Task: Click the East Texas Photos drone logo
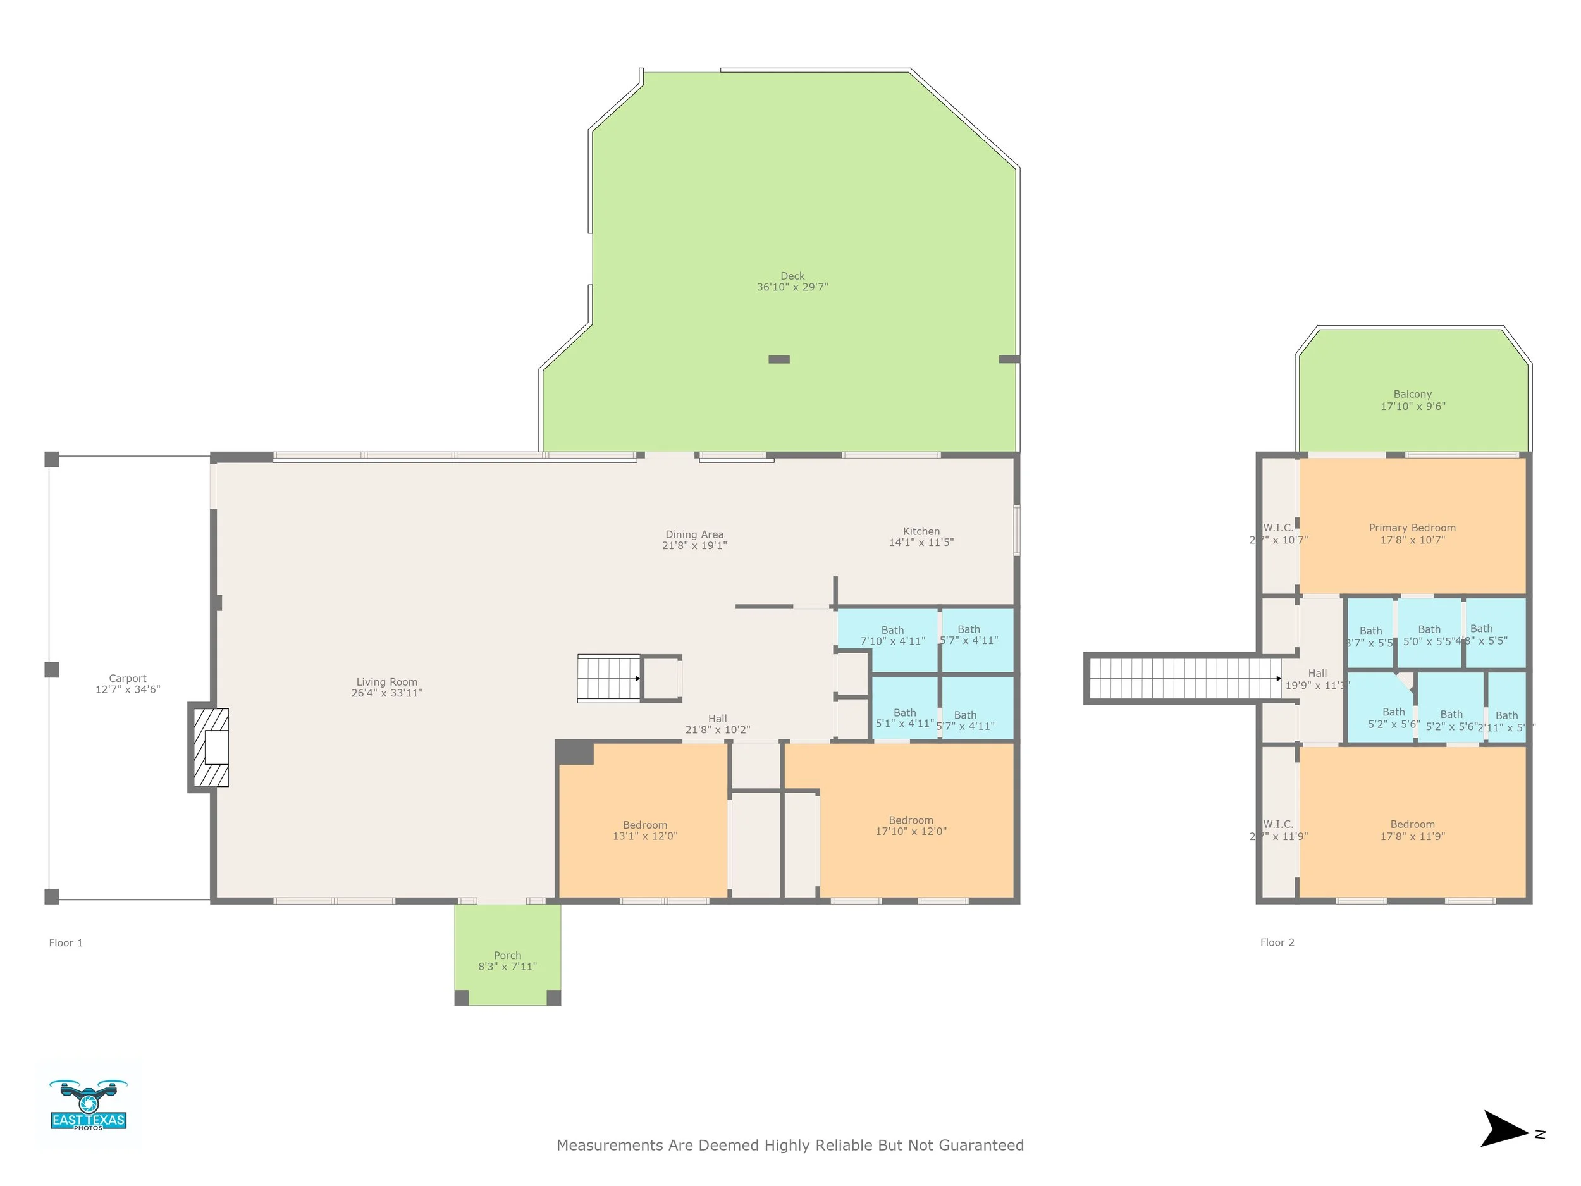click(x=88, y=1105)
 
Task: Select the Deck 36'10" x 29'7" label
click(x=792, y=281)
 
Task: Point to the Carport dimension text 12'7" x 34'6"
click(x=128, y=689)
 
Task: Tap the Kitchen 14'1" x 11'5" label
click(x=921, y=537)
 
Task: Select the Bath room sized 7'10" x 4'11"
click(x=892, y=636)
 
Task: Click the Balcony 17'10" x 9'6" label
click(x=1412, y=400)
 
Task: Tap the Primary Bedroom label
click(x=1412, y=528)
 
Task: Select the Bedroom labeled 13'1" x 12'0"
click(x=644, y=830)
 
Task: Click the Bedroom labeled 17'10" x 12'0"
click(x=911, y=825)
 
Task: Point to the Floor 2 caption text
click(x=1277, y=942)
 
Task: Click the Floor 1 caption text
click(x=66, y=943)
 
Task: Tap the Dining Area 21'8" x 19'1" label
click(x=694, y=540)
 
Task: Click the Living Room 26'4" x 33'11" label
click(x=386, y=687)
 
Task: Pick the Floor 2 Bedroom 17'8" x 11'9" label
click(x=1412, y=830)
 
